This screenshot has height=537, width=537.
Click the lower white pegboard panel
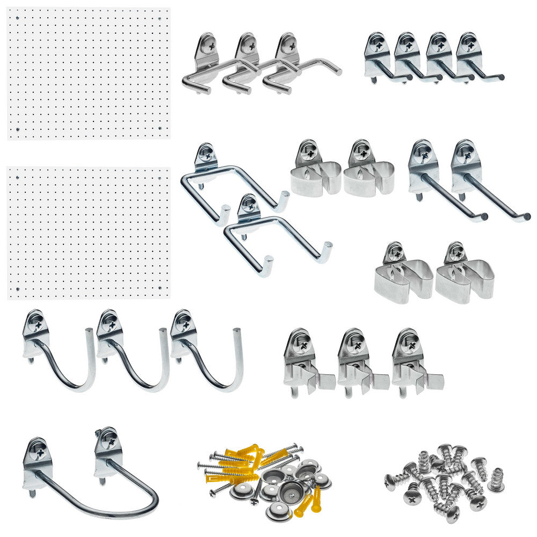tap(89, 232)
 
